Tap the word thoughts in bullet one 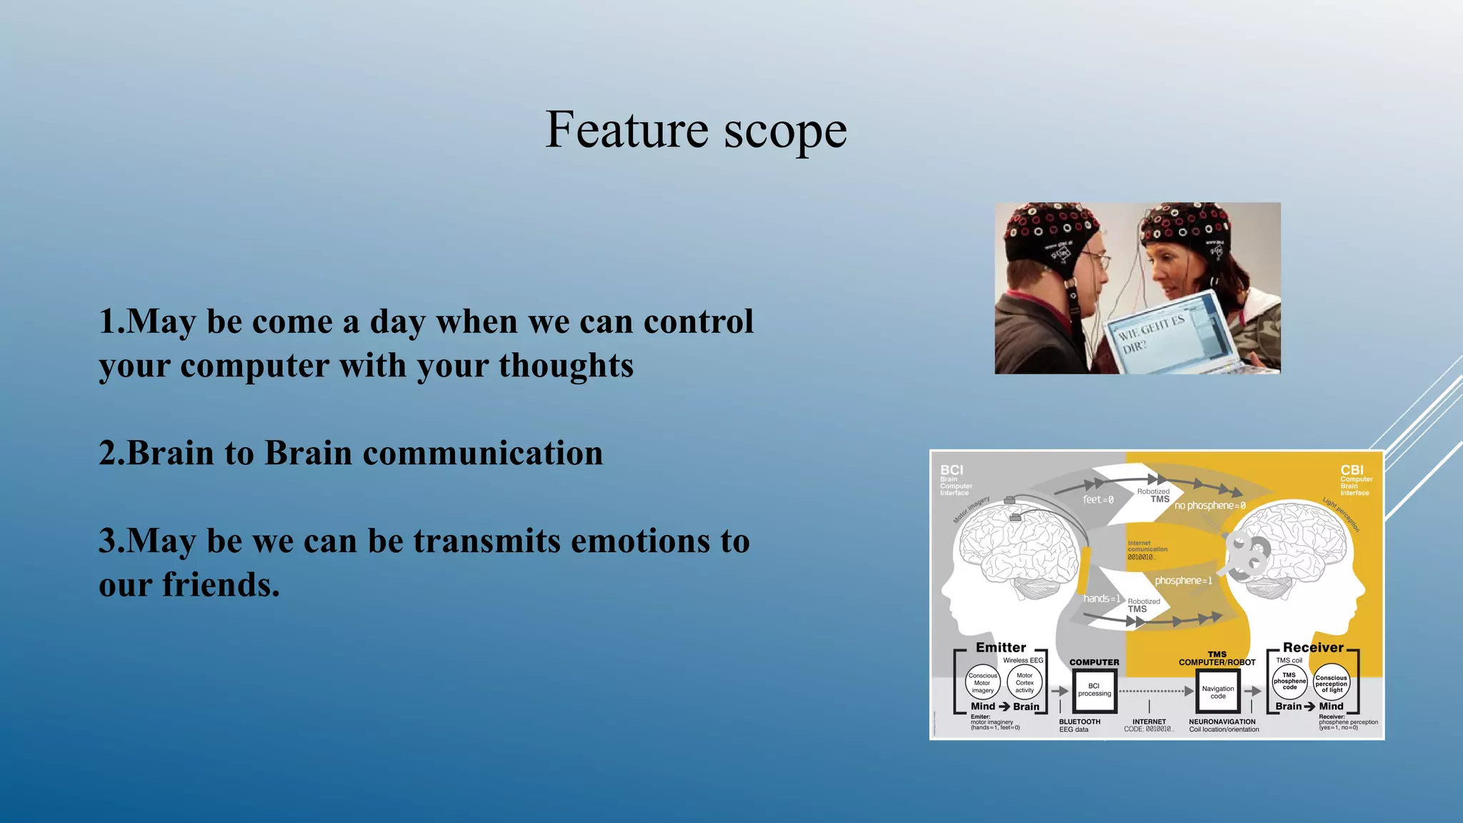[566, 366]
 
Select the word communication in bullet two [483, 454]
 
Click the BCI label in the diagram [952, 470]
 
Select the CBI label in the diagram [1352, 470]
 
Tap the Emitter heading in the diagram [1000, 647]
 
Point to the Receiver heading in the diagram [1313, 647]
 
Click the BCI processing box [1094, 691]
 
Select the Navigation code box [1218, 692]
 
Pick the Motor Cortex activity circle [1024, 683]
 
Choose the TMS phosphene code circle [1289, 682]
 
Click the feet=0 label [1098, 500]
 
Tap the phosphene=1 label [1183, 581]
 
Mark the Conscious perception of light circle [1331, 684]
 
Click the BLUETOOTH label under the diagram [1079, 722]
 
